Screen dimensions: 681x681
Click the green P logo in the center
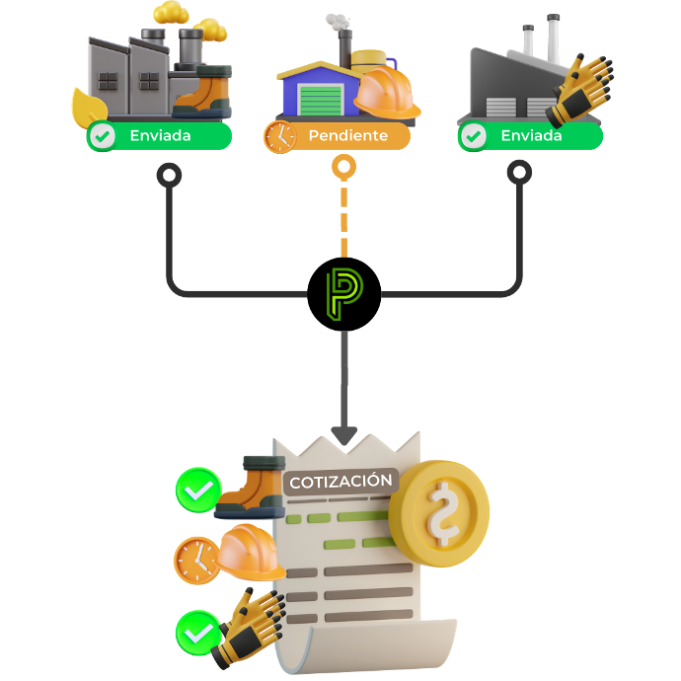(x=343, y=293)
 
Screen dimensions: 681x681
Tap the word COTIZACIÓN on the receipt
(x=340, y=482)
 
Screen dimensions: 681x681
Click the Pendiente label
(x=347, y=136)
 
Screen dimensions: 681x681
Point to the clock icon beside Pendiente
(x=279, y=136)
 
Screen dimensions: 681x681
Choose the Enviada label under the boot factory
(x=160, y=136)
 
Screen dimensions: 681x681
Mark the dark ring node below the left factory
(x=170, y=175)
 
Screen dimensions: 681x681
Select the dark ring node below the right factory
(x=519, y=175)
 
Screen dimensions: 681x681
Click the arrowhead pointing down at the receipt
(x=343, y=435)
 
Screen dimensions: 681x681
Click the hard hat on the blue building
(x=386, y=93)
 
